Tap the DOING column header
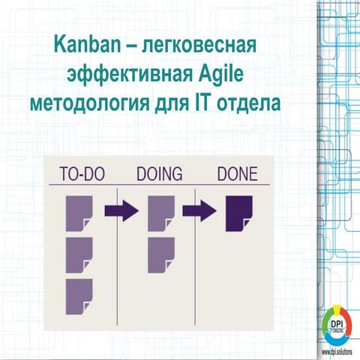(159, 175)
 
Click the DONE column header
(236, 175)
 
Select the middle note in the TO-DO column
(79, 253)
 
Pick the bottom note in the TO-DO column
(79, 295)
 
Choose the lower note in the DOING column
(160, 253)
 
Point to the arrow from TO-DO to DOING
(121, 211)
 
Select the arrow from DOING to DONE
(199, 211)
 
